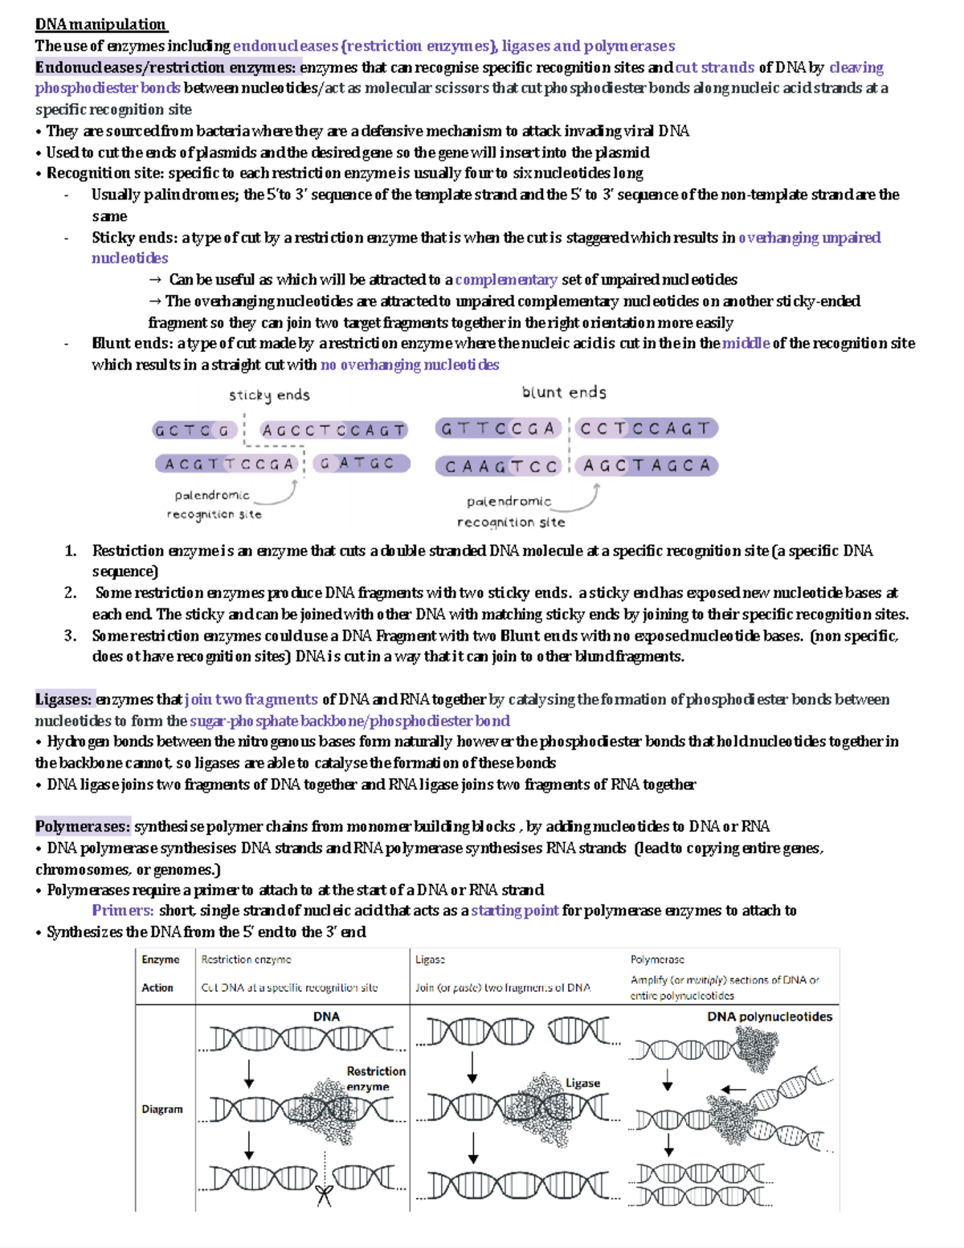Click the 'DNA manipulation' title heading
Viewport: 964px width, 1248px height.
[100, 24]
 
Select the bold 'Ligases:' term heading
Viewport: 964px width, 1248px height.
[63, 699]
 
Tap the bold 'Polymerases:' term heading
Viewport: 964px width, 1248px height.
[82, 826]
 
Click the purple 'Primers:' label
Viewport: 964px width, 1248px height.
[122, 910]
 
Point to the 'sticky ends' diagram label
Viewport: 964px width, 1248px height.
[269, 395]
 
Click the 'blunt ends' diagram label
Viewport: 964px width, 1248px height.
[564, 392]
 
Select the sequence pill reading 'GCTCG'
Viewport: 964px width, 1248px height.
[194, 431]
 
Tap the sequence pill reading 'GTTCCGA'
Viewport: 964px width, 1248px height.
[498, 428]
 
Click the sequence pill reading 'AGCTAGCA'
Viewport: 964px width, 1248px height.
[647, 465]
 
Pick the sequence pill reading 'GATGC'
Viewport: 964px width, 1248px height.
[361, 464]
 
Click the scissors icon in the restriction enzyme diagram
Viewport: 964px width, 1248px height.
[324, 1195]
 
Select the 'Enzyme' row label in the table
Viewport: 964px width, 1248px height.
[161, 960]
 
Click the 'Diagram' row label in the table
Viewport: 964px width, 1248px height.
[162, 1109]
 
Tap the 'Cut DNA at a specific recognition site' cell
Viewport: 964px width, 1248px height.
[289, 988]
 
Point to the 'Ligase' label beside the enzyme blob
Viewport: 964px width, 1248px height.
[582, 1083]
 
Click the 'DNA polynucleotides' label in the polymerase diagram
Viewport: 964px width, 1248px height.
[769, 1017]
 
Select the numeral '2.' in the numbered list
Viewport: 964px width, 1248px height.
[71, 593]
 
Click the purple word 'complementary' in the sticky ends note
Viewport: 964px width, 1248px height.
[505, 280]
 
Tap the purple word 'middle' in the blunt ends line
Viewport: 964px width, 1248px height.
[745, 343]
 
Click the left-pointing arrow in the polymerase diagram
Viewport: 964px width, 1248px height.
[733, 1090]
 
